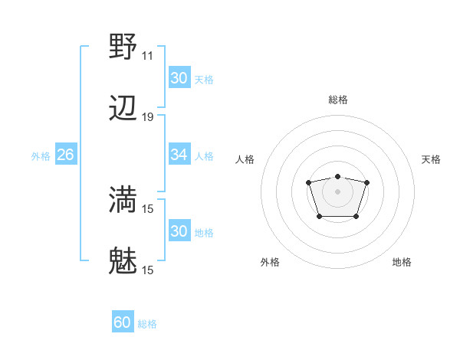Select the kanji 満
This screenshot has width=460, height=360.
tap(124, 200)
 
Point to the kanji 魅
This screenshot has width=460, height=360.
tap(124, 262)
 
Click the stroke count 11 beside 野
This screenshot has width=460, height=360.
tap(147, 55)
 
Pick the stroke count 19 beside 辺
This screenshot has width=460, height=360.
tap(147, 117)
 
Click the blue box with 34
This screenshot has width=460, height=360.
tap(179, 155)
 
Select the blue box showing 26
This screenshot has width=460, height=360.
tap(65, 155)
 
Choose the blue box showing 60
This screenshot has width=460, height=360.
tap(123, 322)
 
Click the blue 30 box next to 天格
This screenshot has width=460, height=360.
tap(179, 78)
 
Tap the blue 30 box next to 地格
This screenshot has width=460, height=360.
tap(179, 231)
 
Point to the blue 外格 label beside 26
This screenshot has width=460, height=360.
tap(41, 155)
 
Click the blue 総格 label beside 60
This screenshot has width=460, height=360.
tap(147, 324)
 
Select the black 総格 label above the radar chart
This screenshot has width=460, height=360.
tap(337, 100)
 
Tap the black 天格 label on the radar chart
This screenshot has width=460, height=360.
tap(432, 159)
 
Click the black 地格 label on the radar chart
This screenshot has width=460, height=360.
tap(402, 262)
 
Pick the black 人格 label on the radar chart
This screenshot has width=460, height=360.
tap(245, 159)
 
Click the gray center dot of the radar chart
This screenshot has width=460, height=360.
tap(337, 191)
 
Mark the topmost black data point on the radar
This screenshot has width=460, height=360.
tap(337, 176)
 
